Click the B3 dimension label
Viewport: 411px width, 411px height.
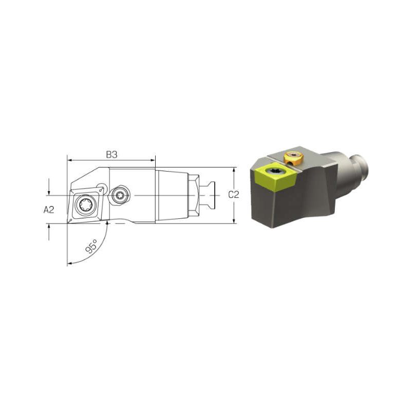click(111, 155)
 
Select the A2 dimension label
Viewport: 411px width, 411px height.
click(49, 210)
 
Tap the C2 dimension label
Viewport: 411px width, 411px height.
click(234, 195)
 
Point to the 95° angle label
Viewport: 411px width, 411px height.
click(91, 246)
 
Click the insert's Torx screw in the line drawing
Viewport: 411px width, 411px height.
click(85, 204)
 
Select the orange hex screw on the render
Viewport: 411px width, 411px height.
click(293, 158)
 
